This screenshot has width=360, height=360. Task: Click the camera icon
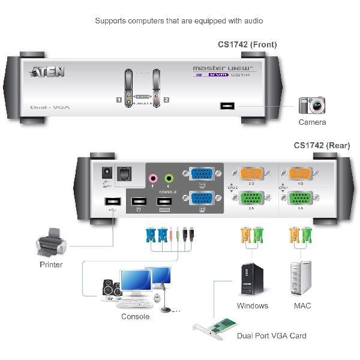point(312,106)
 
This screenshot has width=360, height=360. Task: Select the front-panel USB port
point(227,106)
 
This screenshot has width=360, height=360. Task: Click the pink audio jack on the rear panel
point(154,178)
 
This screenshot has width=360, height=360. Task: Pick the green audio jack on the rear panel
point(169,178)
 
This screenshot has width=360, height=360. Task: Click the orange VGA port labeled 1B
point(298,174)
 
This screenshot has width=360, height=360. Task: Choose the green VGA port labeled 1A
point(298,199)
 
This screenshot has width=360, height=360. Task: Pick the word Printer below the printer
point(51,265)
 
